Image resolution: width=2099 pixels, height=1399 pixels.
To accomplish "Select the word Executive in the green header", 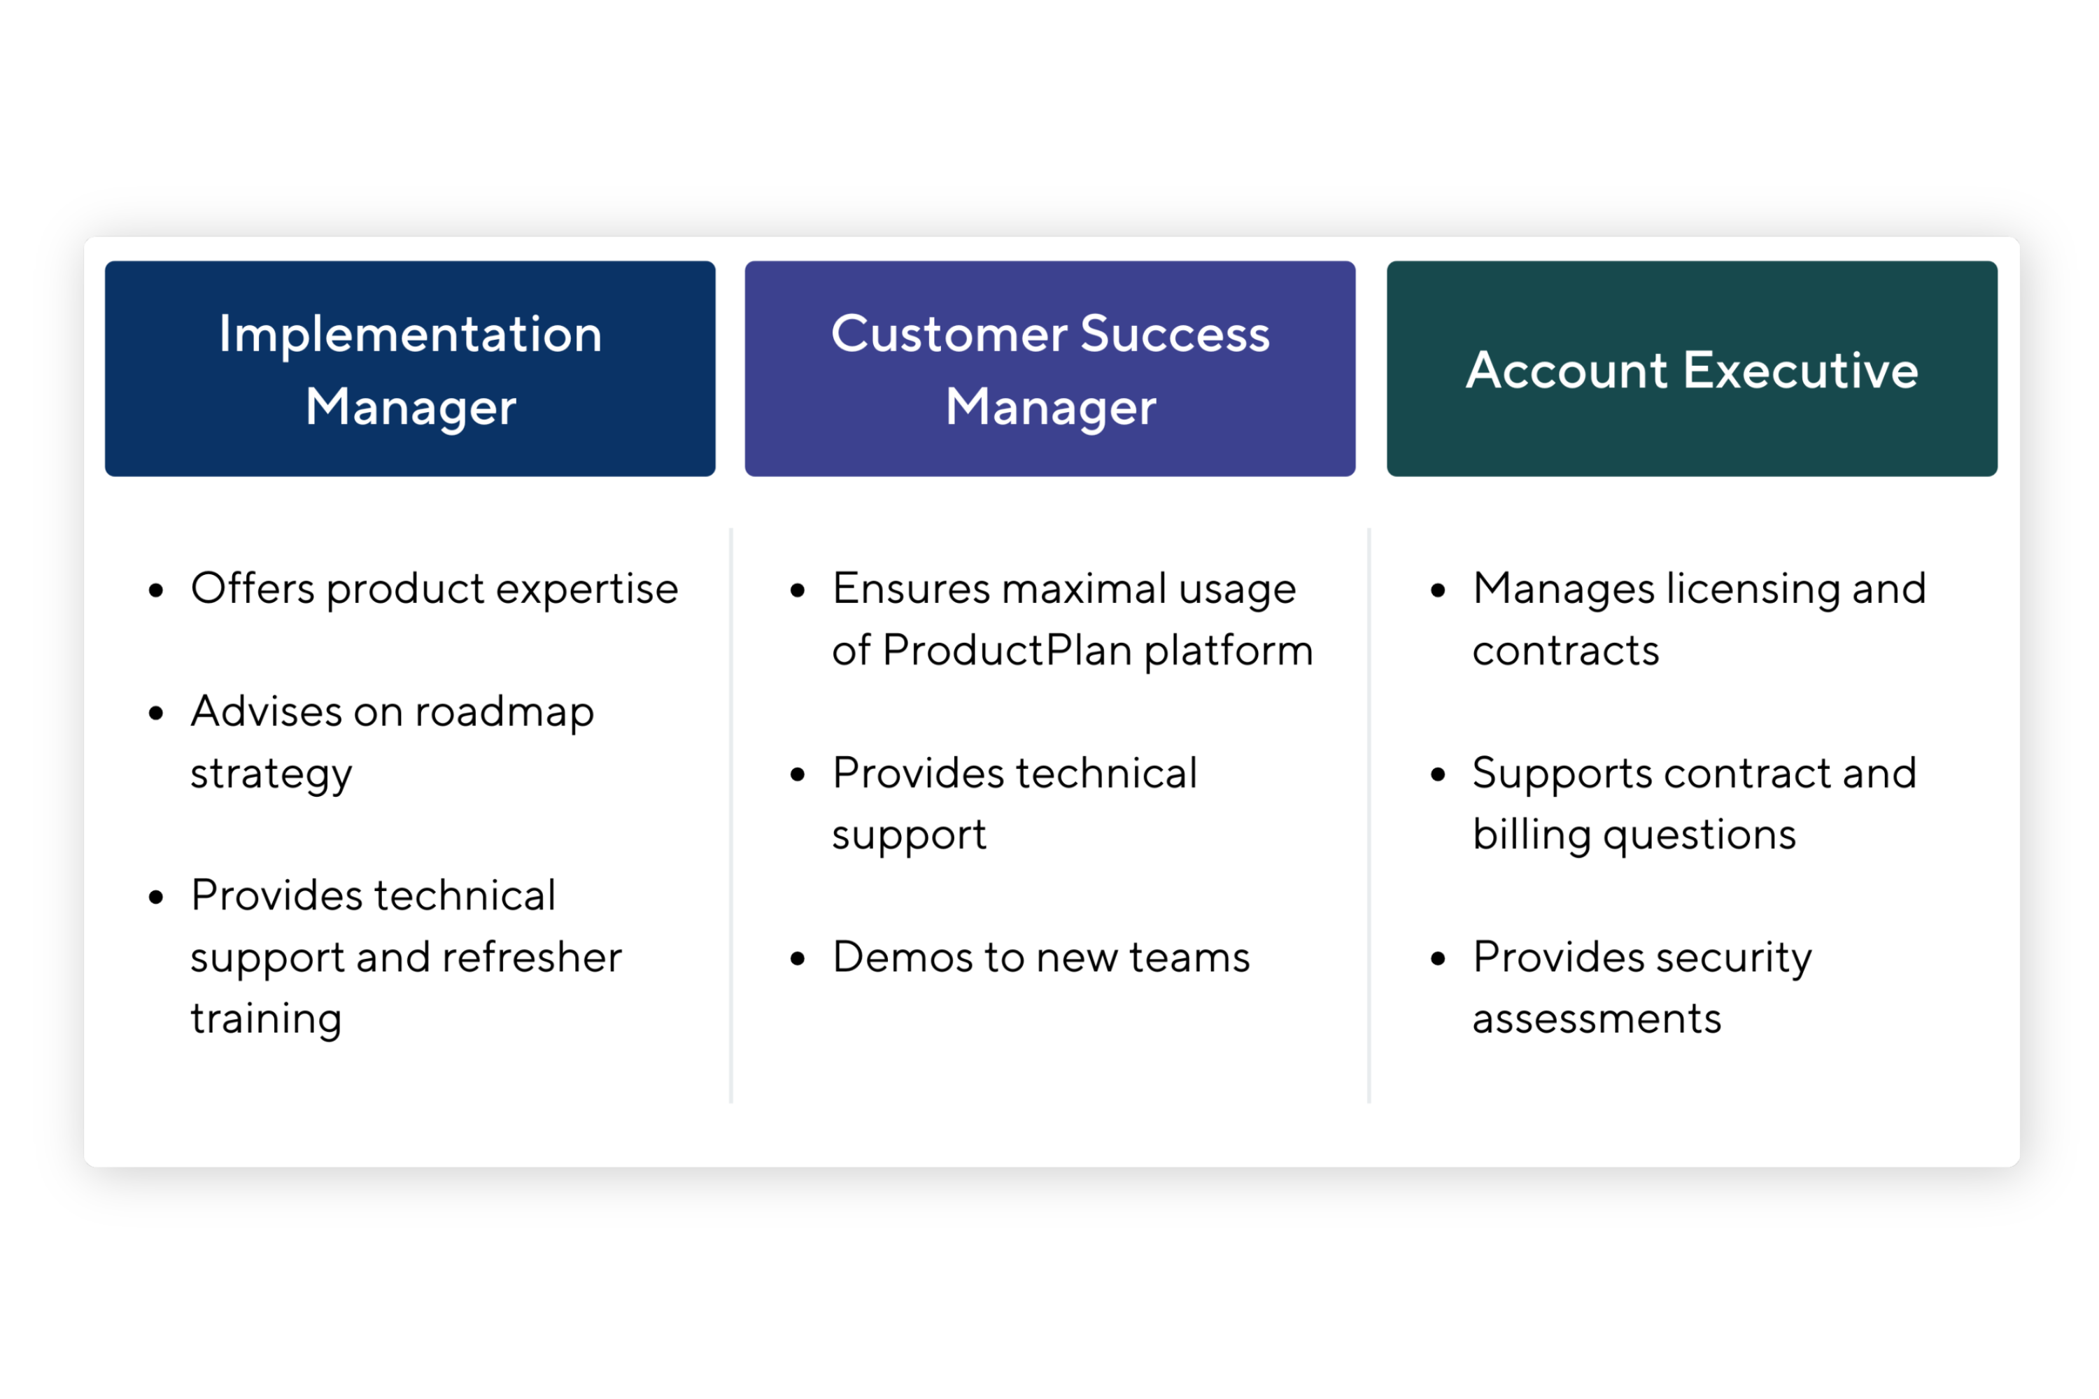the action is click(1801, 369).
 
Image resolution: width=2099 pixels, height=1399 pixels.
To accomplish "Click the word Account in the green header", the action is click(1567, 369).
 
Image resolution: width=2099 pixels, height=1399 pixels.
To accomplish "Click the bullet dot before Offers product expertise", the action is click(156, 590).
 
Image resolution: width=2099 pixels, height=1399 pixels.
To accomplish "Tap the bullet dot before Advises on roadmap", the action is click(156, 713).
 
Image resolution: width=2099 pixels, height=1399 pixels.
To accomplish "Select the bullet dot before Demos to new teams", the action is click(798, 959).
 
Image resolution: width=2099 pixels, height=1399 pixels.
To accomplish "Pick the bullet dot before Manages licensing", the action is click(1438, 590).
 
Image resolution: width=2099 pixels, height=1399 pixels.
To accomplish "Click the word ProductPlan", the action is click(1008, 650).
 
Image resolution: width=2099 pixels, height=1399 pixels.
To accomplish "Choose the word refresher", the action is click(532, 958).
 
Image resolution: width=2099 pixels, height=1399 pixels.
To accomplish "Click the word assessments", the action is click(1597, 1019).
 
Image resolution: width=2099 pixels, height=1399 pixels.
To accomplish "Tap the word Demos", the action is click(903, 958).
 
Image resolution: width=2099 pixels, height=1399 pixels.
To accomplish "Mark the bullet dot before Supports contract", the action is click(1438, 774).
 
